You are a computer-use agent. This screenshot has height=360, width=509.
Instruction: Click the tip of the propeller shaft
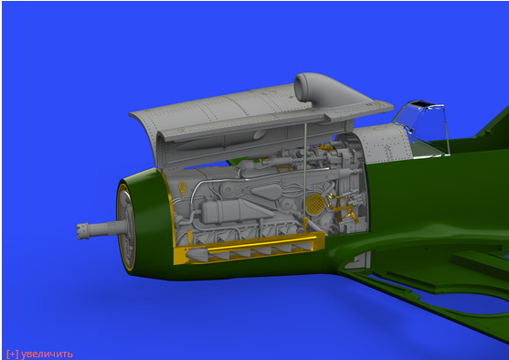point(78,231)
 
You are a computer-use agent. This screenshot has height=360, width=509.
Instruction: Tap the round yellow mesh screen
point(314,204)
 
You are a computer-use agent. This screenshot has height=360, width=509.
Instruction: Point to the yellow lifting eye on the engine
point(183,188)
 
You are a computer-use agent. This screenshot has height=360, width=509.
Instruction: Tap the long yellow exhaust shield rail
point(262,243)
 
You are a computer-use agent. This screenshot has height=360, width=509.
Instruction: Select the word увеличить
point(47,354)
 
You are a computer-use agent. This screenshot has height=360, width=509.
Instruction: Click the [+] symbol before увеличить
point(13,354)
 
